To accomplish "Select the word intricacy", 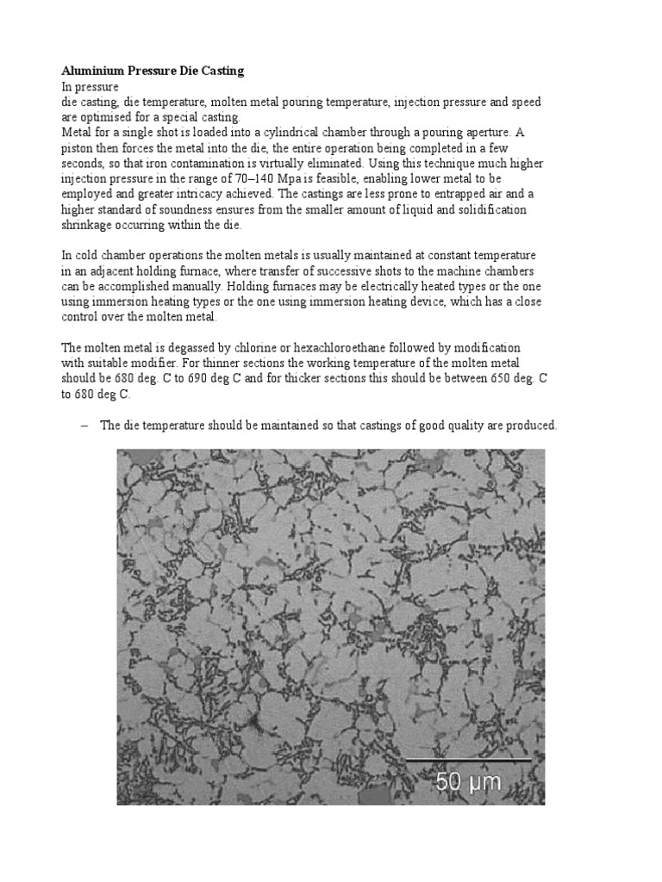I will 183,195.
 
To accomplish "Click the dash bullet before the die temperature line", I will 84,425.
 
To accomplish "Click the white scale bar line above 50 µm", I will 468,760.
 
